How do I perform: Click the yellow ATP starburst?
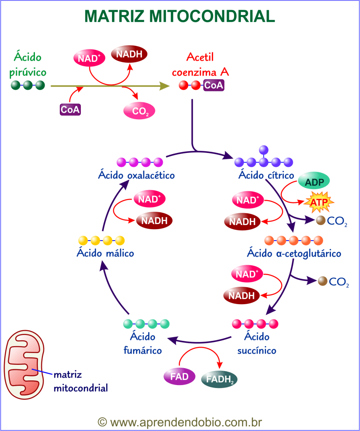click(319, 203)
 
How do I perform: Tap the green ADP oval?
click(314, 182)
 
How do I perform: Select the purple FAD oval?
click(179, 377)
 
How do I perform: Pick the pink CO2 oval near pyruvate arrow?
click(139, 111)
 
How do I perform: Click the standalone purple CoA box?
click(70, 110)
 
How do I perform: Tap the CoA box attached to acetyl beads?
click(214, 86)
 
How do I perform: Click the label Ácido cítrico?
click(263, 174)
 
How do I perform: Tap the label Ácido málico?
click(105, 253)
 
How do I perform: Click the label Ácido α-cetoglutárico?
click(294, 253)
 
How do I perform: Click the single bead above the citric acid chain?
click(264, 149)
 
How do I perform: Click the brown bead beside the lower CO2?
click(323, 281)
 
